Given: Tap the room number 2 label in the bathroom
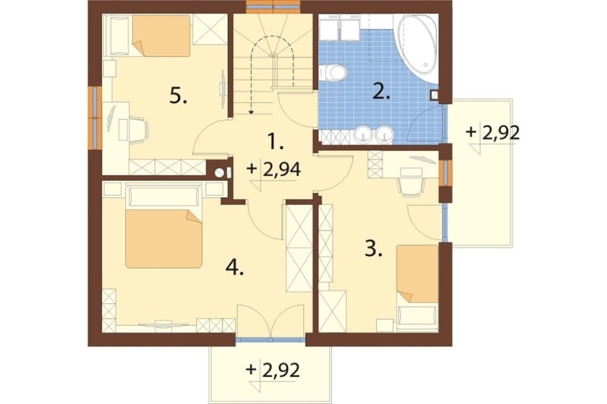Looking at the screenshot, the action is click(x=381, y=92).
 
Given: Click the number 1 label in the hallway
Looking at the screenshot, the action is click(x=276, y=141).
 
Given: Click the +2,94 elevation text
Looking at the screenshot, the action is click(x=274, y=169).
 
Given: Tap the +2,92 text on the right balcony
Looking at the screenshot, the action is click(x=492, y=132).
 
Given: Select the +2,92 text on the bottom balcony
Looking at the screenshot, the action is click(x=273, y=370).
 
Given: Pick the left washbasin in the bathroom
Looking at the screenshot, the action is click(x=363, y=134).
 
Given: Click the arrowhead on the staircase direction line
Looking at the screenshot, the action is click(x=251, y=112).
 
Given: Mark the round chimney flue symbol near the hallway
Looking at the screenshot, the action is click(x=220, y=173).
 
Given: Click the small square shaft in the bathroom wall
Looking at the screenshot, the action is click(x=435, y=95).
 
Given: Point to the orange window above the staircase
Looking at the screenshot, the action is click(x=273, y=6).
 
